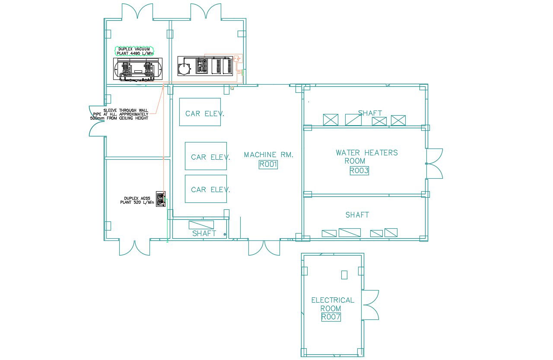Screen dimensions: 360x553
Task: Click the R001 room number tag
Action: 268,164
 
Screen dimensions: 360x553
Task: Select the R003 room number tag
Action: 359,171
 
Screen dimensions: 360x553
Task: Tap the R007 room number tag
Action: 331,317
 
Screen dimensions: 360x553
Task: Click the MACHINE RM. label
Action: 268,155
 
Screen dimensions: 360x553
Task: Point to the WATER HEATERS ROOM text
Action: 366,156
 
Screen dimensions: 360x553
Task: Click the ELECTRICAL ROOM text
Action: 332,304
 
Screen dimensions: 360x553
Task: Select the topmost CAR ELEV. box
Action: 200,112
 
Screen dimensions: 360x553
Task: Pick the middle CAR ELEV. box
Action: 206,156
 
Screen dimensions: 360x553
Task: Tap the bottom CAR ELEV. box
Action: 206,189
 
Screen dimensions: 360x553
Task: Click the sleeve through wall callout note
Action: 119,114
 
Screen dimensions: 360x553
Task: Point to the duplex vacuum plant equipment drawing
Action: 138,69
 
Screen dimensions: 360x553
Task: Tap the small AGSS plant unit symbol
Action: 160,199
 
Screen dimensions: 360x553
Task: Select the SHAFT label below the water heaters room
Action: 357,215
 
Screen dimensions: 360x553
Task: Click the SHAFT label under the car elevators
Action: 204,234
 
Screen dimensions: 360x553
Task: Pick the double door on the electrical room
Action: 370,305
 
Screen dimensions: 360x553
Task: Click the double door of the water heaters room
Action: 434,164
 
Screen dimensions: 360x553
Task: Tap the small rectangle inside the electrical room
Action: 344,275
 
